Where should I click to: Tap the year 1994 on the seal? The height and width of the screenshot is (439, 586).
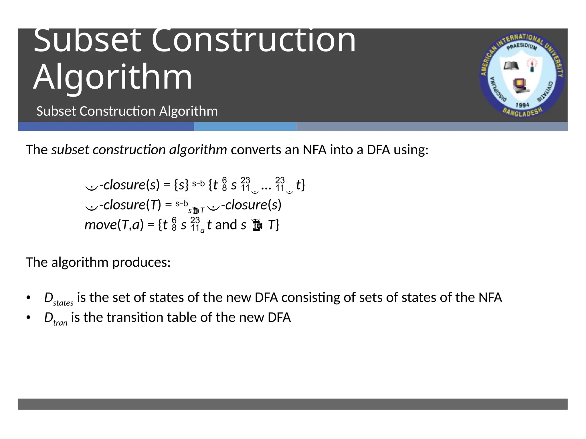click(x=522, y=105)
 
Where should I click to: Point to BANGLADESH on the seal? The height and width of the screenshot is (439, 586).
click(x=522, y=113)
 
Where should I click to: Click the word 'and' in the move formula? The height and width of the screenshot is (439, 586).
click(x=226, y=225)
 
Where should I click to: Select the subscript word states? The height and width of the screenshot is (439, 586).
click(x=63, y=303)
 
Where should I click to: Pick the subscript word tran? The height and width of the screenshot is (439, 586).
click(x=60, y=323)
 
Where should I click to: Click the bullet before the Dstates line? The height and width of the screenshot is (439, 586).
click(x=28, y=298)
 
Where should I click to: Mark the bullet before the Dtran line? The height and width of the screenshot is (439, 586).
click(x=28, y=318)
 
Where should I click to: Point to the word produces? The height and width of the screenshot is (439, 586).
click(x=141, y=262)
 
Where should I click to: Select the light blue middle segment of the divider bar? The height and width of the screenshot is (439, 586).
click(x=245, y=126)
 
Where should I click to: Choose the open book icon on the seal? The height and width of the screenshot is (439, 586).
click(x=511, y=66)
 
